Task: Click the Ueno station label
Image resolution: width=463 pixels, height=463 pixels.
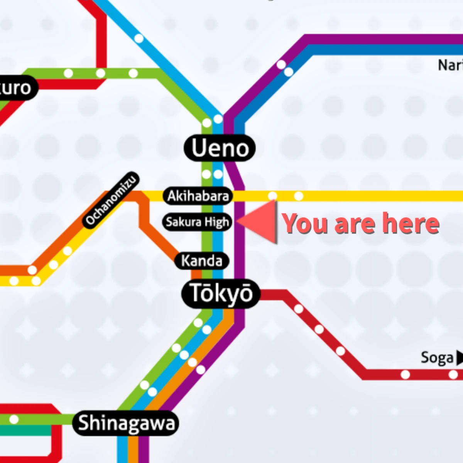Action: click(x=220, y=148)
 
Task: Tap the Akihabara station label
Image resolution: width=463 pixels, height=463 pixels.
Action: click(x=198, y=196)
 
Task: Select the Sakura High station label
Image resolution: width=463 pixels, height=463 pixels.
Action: click(x=197, y=222)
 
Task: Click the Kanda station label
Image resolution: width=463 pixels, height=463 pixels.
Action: click(x=202, y=261)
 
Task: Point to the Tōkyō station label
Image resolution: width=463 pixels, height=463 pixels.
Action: click(x=221, y=294)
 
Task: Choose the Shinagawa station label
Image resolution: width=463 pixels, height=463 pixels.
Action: click(x=126, y=423)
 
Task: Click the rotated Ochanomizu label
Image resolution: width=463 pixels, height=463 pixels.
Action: click(x=111, y=200)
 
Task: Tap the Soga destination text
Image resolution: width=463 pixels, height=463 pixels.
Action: click(x=437, y=358)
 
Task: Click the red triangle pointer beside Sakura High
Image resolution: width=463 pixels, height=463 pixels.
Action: click(x=260, y=223)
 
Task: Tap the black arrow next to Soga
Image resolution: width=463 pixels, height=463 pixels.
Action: click(x=459, y=358)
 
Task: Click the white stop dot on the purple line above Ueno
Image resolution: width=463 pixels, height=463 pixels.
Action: click(x=281, y=64)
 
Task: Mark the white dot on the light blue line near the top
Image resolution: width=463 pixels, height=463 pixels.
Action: click(x=139, y=39)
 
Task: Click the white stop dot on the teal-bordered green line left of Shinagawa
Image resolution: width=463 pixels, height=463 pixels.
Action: click(x=14, y=419)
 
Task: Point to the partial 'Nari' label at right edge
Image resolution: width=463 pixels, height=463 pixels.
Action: click(x=451, y=65)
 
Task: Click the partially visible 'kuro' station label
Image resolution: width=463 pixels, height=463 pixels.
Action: click(x=15, y=88)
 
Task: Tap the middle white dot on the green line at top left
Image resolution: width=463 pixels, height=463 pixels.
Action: click(x=101, y=73)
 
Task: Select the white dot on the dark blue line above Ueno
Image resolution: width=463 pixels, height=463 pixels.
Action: click(x=289, y=72)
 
